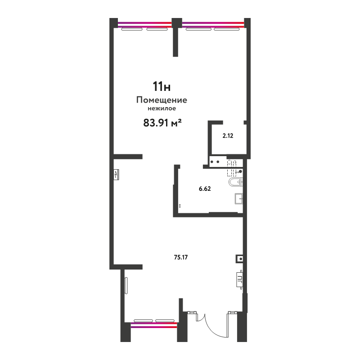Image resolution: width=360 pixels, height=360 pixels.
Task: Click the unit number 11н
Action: point(162,86)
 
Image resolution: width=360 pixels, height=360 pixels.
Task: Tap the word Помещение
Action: point(162,100)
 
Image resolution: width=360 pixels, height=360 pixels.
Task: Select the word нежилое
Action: point(162,108)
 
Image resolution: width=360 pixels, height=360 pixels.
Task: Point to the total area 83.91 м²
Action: point(162,123)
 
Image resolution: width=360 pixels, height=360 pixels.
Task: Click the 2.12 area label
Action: point(228,136)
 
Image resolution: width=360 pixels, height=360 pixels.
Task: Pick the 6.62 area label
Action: point(205,189)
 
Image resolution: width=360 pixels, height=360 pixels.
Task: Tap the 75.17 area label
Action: point(181,257)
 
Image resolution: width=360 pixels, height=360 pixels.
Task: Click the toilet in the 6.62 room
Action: point(235,182)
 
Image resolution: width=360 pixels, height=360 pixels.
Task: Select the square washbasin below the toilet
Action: point(238,198)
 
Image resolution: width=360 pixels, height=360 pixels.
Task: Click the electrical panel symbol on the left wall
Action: point(116,175)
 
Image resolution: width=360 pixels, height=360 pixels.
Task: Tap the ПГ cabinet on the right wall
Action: point(240,279)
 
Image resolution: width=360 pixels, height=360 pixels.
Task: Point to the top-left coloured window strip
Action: point(144,25)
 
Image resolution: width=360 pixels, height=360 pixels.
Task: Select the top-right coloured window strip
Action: point(213,25)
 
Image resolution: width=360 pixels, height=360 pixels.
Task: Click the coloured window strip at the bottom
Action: point(154,325)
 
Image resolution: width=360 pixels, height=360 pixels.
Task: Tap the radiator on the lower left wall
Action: point(126,285)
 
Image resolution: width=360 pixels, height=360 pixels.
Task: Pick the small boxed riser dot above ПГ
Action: point(240,259)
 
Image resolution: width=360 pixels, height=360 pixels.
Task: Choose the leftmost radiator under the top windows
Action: point(132,29)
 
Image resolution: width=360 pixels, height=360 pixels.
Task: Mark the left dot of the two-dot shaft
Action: point(211,162)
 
